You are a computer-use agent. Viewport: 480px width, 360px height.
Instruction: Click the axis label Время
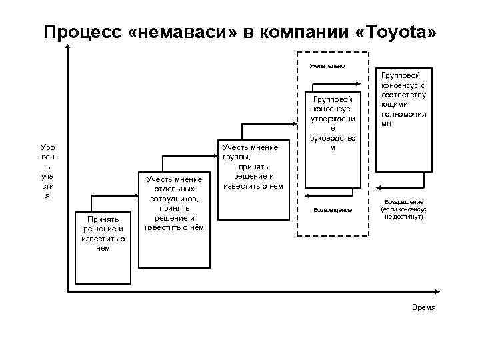coord(424,307)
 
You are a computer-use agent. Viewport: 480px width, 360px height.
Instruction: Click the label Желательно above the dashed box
coord(327,66)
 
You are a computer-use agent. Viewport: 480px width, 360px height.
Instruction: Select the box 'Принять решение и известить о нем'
coord(103,233)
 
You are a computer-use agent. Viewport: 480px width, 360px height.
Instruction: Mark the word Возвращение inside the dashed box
coord(333,210)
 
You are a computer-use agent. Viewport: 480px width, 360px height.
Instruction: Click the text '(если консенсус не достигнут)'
coord(403,213)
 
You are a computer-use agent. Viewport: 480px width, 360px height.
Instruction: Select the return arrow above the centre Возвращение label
coord(333,196)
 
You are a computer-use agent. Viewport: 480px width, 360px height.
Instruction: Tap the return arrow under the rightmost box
coord(403,189)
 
